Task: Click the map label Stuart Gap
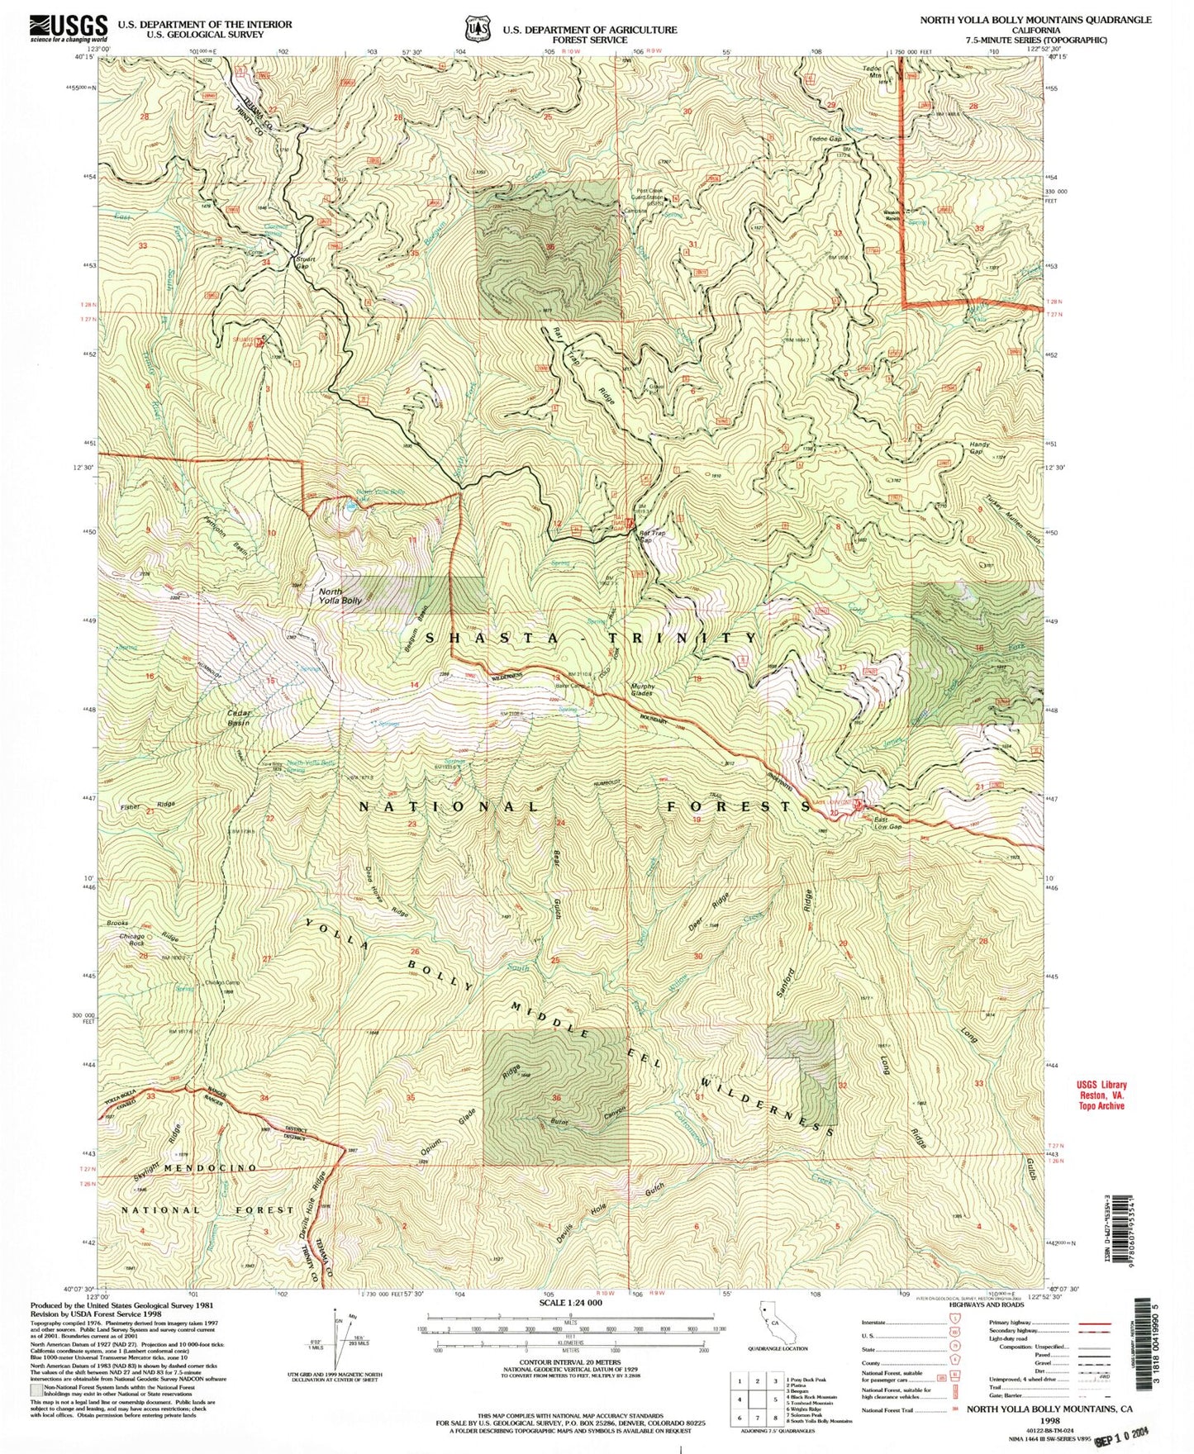[307, 263]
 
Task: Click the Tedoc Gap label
[824, 138]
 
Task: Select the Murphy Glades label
[643, 690]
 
